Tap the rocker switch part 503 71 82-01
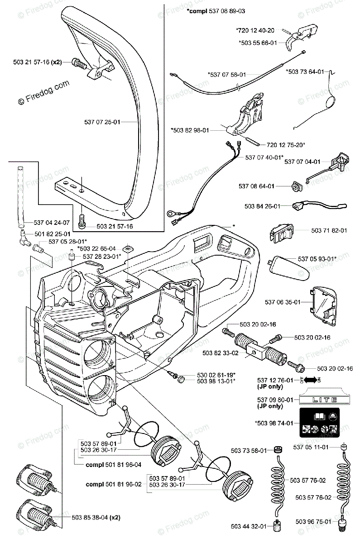tap(283, 233)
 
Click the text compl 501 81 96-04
tap(113, 464)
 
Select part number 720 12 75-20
tap(286, 144)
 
